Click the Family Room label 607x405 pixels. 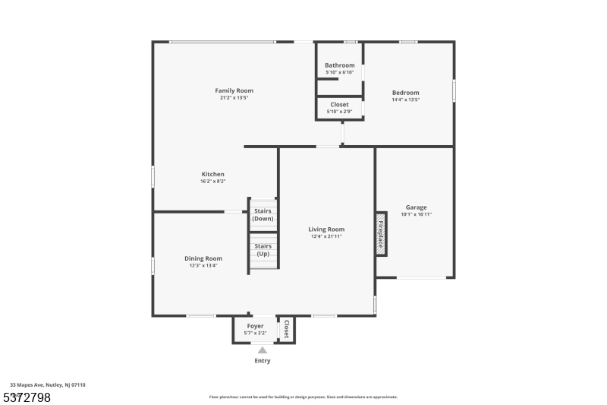[x=234, y=90]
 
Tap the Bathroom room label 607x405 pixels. [x=339, y=65]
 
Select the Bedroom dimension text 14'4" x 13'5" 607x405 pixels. [x=405, y=100]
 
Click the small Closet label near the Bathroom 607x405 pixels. [x=339, y=104]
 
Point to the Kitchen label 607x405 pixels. [x=212, y=174]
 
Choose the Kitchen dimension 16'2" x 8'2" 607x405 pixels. [x=212, y=181]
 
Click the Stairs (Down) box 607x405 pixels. [x=263, y=215]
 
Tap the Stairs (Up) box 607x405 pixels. [x=263, y=250]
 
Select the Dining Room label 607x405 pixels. [x=203, y=258]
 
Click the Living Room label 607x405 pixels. [x=326, y=229]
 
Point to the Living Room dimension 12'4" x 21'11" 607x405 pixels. [x=326, y=236]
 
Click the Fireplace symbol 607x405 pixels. [x=381, y=233]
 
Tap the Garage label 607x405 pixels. [x=416, y=207]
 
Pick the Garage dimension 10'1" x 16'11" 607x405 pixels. [x=416, y=214]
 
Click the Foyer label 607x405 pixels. [x=255, y=326]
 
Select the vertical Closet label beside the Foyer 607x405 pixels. [x=286, y=329]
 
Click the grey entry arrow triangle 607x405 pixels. [x=262, y=350]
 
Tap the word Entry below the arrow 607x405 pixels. [x=262, y=361]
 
